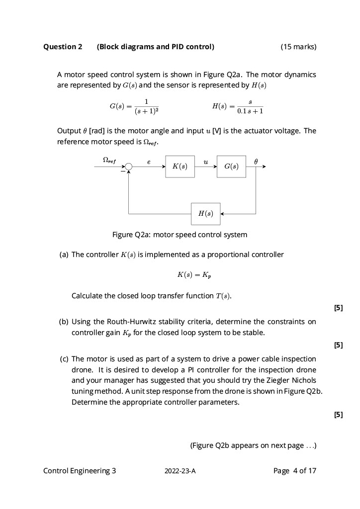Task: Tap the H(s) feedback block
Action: [205, 214]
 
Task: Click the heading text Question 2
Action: [63, 47]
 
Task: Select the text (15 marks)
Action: [298, 47]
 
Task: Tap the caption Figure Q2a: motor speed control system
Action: [180, 235]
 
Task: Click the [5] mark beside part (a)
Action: [339, 308]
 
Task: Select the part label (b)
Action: [64, 322]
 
